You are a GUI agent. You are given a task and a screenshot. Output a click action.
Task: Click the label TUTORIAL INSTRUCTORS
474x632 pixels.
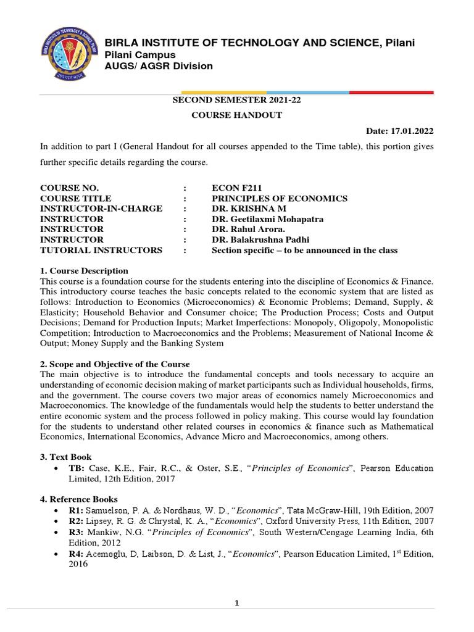pos(101,250)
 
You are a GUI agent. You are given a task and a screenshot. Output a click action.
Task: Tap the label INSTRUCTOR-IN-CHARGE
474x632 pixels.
pos(101,209)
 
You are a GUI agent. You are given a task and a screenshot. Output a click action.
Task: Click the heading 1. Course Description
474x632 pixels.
pos(84,271)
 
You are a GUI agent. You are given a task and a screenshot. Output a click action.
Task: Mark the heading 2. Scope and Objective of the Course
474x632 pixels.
pos(115,364)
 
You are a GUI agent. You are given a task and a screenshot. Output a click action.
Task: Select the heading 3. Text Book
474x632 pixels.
pos(66,457)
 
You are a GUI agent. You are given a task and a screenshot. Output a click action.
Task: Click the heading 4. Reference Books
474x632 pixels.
pos(79,499)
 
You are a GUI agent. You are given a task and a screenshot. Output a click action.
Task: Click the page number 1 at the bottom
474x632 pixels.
pos(236,604)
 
